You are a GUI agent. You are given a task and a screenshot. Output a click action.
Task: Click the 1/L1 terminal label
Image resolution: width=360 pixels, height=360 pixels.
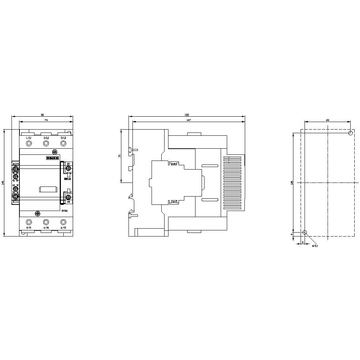29,138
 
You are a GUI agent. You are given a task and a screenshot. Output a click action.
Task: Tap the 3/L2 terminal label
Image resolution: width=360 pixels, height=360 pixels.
46,138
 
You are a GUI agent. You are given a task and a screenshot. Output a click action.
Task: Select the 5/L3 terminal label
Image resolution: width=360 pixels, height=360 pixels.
63,138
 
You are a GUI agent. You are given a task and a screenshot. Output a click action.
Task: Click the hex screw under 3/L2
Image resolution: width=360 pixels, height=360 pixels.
46,144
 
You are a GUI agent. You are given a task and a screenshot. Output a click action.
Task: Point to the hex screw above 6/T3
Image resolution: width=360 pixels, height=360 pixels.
63,222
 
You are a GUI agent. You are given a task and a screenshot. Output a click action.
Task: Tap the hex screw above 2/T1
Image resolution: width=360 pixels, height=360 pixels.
29,222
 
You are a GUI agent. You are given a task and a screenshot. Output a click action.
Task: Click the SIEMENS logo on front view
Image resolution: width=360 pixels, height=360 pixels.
52,158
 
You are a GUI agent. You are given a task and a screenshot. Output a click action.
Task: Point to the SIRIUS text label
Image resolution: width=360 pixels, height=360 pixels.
67,179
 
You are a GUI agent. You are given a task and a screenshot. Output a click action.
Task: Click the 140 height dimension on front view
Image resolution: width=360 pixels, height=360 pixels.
3,183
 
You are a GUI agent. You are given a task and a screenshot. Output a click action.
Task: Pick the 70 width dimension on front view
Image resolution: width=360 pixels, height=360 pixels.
46,120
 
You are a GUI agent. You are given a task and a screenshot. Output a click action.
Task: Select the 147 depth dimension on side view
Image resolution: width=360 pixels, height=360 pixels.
189,120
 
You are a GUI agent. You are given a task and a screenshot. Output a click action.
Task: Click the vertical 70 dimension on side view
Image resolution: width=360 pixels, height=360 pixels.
119,156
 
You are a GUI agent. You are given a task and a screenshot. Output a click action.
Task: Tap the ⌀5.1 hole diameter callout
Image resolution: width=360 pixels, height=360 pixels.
315,246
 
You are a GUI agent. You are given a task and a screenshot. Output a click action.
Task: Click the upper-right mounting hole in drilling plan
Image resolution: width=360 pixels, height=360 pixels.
351,133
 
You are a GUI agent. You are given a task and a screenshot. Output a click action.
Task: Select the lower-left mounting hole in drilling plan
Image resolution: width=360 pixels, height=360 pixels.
305,233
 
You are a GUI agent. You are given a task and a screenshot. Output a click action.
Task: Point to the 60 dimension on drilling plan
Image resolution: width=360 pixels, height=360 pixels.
328,120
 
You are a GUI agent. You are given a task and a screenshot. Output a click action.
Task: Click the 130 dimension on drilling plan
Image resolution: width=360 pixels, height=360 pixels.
292,183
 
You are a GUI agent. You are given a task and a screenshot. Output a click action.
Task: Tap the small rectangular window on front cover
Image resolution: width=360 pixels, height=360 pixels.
48,189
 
